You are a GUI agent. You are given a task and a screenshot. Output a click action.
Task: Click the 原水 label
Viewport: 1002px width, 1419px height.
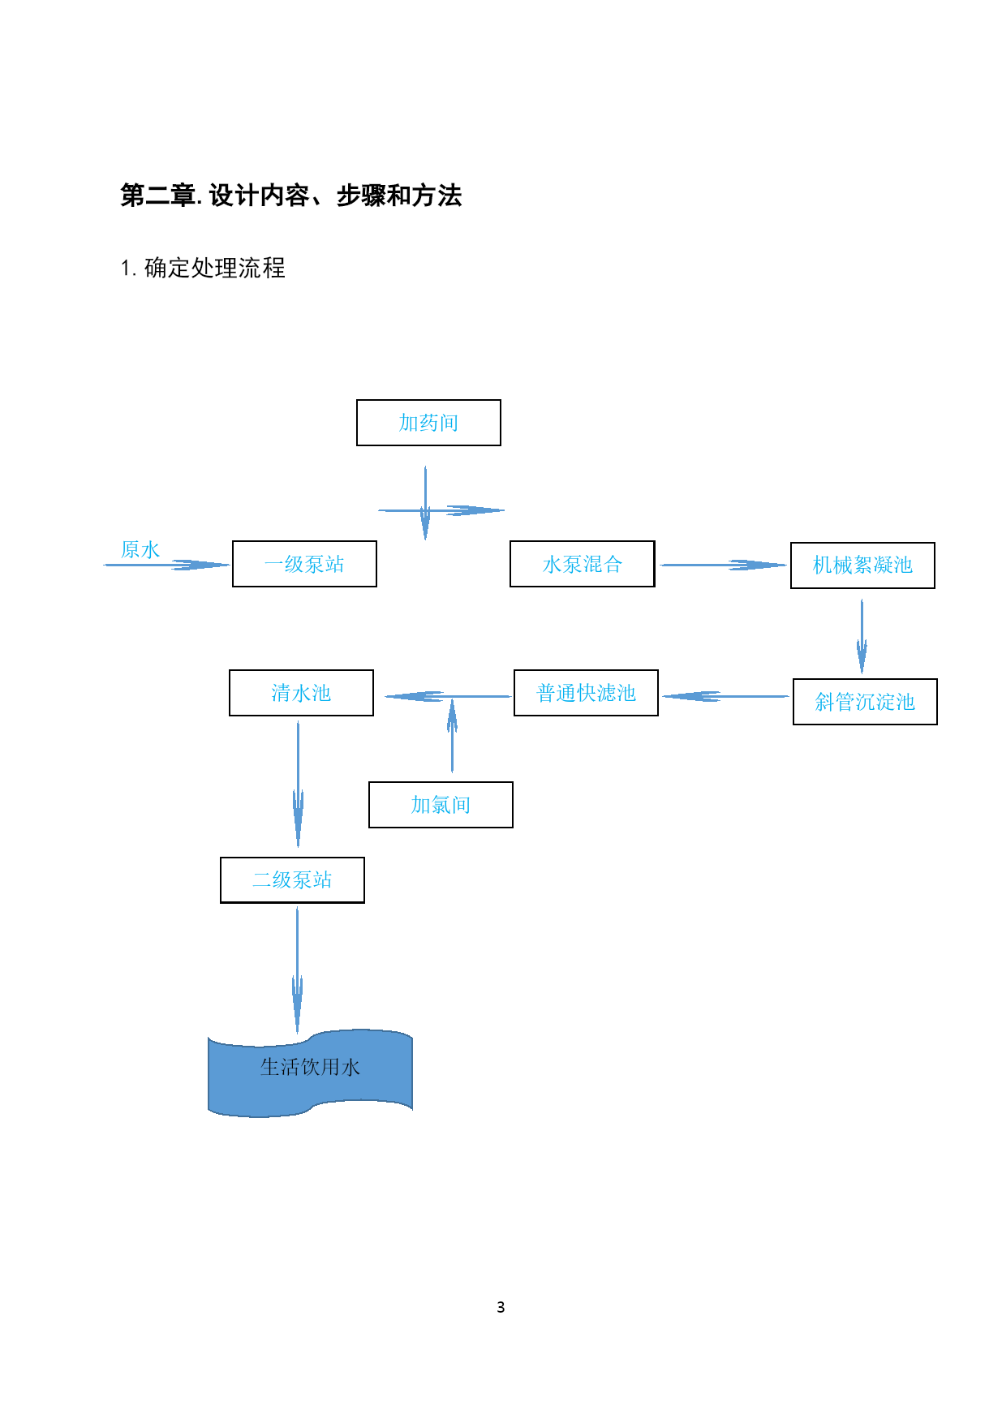(140, 549)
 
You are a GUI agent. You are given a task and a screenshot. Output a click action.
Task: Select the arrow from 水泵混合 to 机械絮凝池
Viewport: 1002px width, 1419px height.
(723, 565)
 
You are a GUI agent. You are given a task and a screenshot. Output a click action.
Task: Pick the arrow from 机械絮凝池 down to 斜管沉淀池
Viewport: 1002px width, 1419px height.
(862, 636)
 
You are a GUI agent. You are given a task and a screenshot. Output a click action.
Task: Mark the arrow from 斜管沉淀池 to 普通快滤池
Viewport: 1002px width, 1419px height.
(726, 696)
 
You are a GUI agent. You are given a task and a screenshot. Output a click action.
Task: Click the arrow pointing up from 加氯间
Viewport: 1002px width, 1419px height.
(452, 735)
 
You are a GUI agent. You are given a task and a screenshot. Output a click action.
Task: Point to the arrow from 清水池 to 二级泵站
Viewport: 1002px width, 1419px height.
(298, 785)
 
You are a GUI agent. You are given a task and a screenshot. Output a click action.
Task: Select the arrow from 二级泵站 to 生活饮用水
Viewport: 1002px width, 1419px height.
(297, 970)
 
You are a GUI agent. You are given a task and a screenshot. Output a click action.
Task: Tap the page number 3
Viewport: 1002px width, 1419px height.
(501, 1307)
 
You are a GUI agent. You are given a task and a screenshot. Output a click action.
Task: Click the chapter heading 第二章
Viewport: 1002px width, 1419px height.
(158, 196)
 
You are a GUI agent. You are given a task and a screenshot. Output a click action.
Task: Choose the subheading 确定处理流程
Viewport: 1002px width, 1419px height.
(214, 268)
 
